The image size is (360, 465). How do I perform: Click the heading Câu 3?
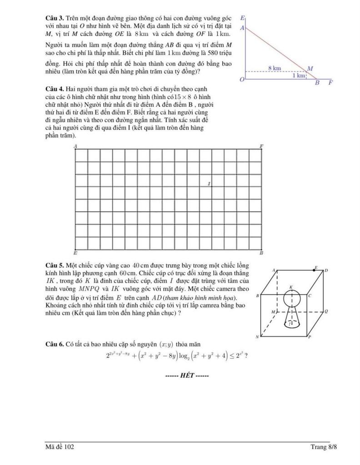(x=55, y=18)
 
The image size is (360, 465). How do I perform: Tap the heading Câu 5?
(x=55, y=265)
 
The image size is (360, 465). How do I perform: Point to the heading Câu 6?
(x=55, y=344)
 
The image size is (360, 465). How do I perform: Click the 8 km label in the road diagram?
(x=274, y=68)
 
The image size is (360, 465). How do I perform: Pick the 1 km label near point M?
(x=299, y=75)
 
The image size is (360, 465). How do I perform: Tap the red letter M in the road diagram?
(x=310, y=69)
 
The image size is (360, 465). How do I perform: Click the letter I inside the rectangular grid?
(x=209, y=184)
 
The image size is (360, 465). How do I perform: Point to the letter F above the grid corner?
(x=261, y=146)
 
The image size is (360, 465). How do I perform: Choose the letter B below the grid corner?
(x=261, y=252)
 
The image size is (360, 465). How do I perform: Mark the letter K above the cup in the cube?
(x=291, y=287)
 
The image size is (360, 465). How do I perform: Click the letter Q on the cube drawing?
(x=326, y=312)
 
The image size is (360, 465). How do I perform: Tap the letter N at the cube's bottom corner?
(x=257, y=337)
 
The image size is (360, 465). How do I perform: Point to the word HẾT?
(x=187, y=375)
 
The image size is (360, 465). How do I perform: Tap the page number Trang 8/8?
(x=324, y=447)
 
